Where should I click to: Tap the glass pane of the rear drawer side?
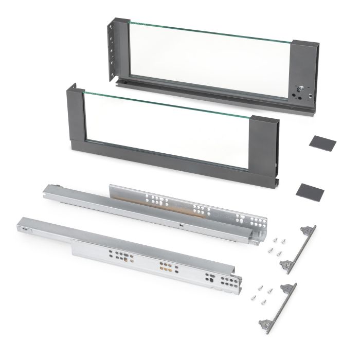pos(211,59)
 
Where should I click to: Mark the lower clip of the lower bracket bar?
pos(265,322)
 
